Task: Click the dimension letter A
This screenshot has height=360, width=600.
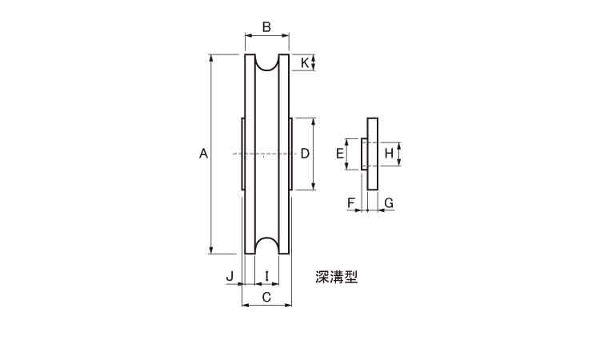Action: coord(203,154)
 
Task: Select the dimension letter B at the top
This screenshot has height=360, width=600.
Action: coord(266,27)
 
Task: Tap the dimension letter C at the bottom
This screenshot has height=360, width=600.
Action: coord(266,297)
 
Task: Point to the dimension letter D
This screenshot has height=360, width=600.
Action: coord(305,154)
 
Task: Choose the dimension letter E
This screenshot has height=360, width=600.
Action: coord(340,154)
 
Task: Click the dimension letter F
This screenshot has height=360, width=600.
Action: coord(351,202)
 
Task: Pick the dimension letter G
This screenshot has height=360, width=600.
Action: coord(389,202)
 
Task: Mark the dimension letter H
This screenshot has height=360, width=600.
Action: coord(389,154)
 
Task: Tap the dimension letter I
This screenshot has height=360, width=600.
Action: coord(267,275)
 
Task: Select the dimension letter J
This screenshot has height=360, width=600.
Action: coord(230,275)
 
